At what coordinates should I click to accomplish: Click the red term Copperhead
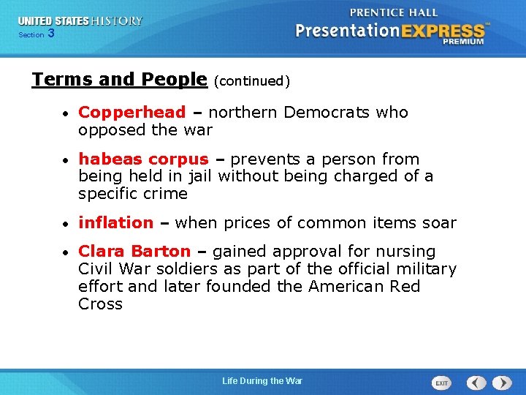coord(131,113)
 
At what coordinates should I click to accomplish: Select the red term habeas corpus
coord(143,159)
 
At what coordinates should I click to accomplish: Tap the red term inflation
coord(115,223)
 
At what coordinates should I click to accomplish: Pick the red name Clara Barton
coord(134,252)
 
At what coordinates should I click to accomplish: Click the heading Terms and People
coord(120,79)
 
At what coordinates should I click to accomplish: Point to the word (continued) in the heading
coord(252,81)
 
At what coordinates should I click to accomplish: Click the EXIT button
coord(441,383)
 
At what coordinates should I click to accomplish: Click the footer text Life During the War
coord(262,381)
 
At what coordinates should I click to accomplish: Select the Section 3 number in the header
coord(50,34)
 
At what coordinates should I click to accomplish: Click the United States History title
coord(80,21)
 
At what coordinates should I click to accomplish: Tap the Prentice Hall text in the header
coord(394,12)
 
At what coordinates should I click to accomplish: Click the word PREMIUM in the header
coord(462,42)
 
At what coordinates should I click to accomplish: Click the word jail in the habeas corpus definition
coord(199,176)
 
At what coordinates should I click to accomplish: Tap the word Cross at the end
coord(100,304)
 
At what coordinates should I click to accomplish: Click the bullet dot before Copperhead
coord(66,114)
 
